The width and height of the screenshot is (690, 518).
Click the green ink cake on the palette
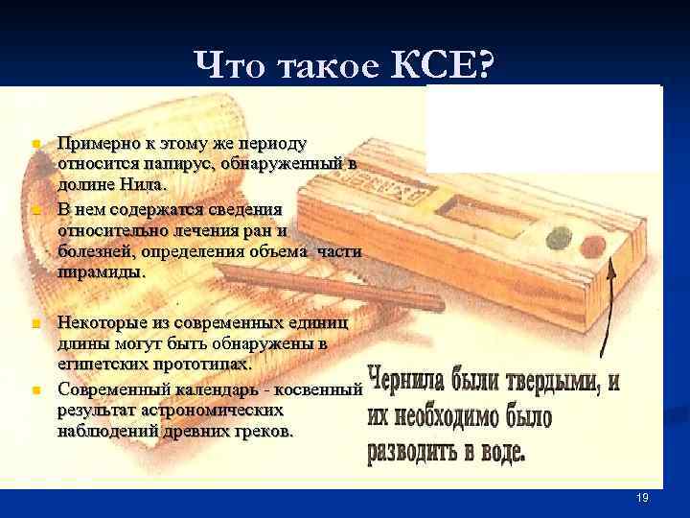[556, 234]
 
